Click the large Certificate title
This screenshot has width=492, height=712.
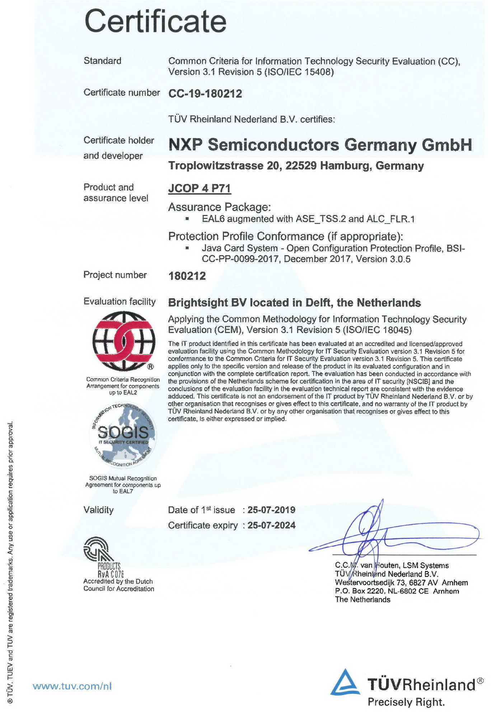tap(155, 22)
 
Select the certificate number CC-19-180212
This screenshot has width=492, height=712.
tap(205, 94)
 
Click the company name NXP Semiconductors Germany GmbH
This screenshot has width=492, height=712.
tap(320, 145)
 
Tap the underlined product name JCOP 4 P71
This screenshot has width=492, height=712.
tap(200, 188)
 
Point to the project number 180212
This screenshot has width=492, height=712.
tap(187, 276)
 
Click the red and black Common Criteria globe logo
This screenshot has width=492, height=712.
tap(124, 341)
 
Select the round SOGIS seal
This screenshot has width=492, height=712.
tap(123, 435)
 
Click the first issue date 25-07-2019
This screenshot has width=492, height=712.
tap(271, 510)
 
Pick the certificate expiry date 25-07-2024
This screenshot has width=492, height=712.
tap(271, 525)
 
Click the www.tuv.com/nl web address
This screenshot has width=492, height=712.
tap(72, 686)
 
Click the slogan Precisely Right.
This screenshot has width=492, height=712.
tap(406, 702)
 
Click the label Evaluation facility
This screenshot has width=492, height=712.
tap(120, 301)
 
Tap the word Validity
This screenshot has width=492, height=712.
tap(98, 510)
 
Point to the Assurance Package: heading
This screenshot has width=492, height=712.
tap(219, 207)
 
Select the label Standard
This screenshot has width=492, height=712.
tap(102, 61)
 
